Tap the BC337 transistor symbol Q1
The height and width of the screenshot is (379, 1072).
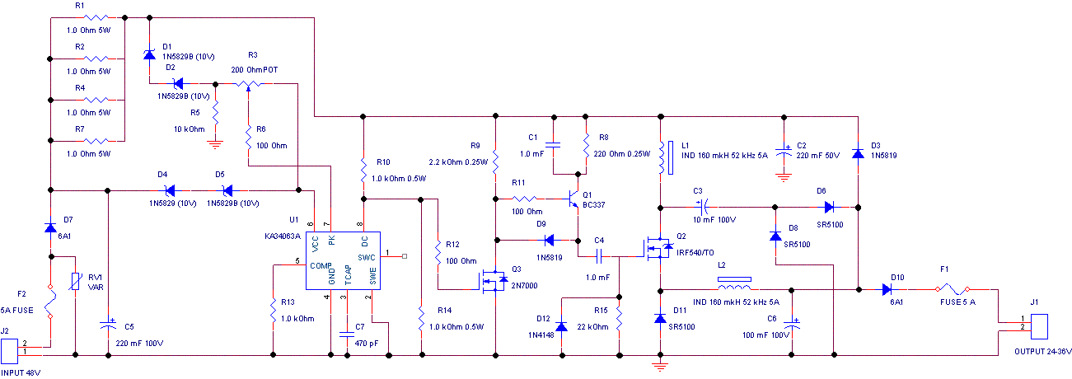574,198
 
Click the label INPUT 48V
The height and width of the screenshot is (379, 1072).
21,372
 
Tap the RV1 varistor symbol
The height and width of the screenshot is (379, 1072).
75,283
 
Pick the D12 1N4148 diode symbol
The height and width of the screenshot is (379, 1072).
562,326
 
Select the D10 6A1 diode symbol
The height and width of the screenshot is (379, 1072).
887,289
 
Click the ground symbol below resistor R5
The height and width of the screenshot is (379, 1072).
215,143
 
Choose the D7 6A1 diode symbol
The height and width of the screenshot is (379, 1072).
50,227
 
